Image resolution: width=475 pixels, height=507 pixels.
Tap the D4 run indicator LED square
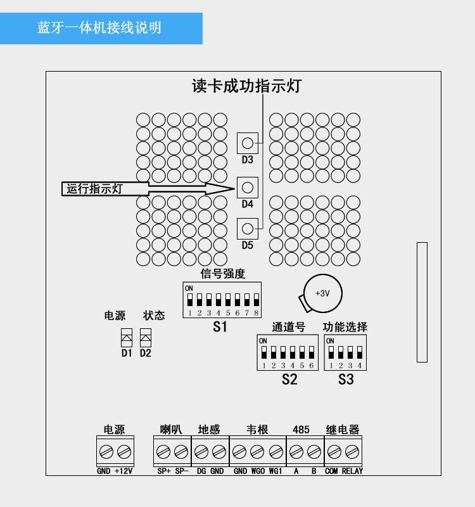click(x=248, y=187)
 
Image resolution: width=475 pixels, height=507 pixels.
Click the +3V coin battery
click(x=322, y=293)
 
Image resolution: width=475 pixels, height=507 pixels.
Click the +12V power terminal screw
click(x=124, y=452)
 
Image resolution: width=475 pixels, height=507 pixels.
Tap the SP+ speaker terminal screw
click(x=163, y=452)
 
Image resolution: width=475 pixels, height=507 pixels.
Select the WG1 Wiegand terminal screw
click(x=275, y=452)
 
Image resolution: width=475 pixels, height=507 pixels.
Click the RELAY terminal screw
click(x=351, y=452)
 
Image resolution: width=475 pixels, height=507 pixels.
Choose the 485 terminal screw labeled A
click(x=296, y=452)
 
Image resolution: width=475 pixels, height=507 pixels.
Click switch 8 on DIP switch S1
click(x=256, y=299)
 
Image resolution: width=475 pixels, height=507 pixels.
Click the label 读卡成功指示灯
click(x=246, y=86)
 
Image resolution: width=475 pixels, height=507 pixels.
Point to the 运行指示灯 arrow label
click(x=95, y=189)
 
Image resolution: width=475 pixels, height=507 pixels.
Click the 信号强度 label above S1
click(x=222, y=273)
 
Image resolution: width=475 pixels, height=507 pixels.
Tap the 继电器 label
click(x=343, y=430)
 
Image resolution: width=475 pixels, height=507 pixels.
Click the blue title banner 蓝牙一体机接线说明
click(x=101, y=28)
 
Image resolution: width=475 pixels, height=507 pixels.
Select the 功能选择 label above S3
click(x=345, y=327)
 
